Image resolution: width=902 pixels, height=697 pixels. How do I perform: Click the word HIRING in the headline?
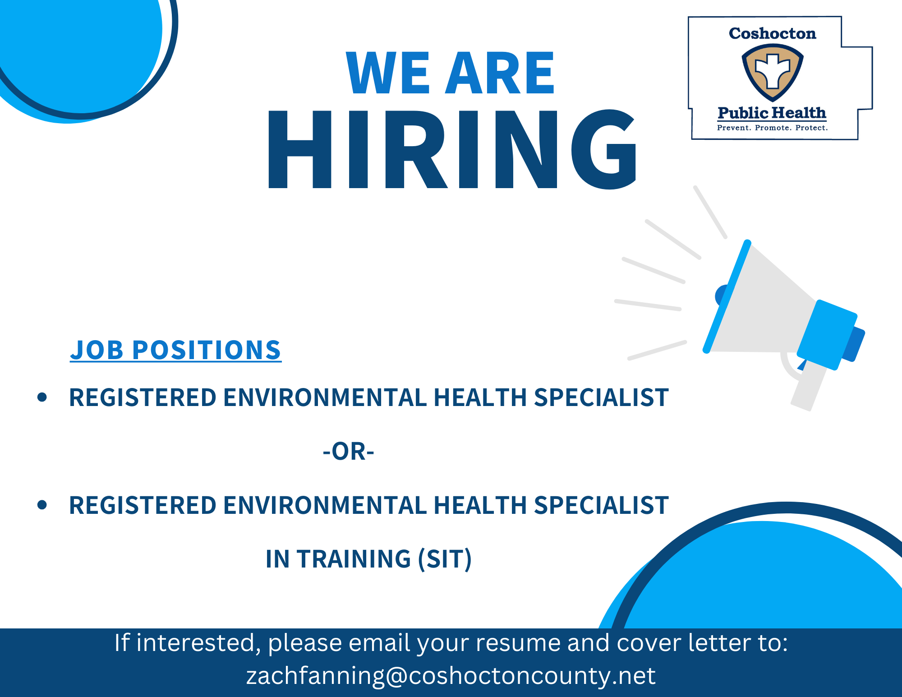click(452, 149)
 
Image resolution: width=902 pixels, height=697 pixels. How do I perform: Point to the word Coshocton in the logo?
click(773, 33)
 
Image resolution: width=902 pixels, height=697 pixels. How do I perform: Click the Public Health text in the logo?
click(772, 113)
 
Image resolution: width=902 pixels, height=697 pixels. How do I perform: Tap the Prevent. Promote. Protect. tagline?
click(773, 128)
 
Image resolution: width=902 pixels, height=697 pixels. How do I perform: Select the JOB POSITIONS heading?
click(175, 350)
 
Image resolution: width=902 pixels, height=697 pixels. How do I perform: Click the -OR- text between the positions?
click(349, 451)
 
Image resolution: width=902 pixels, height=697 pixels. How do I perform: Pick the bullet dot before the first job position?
click(42, 397)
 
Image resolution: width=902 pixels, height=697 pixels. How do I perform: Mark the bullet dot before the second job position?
click(42, 505)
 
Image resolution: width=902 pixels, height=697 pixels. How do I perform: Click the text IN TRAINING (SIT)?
click(368, 559)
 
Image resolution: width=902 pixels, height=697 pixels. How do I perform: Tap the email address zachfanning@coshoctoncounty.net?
click(451, 675)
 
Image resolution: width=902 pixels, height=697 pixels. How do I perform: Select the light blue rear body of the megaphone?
click(827, 335)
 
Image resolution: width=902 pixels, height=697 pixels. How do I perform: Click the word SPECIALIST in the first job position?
click(601, 397)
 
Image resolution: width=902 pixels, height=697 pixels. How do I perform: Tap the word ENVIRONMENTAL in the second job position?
click(325, 505)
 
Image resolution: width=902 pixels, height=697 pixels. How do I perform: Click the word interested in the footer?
click(198, 643)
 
